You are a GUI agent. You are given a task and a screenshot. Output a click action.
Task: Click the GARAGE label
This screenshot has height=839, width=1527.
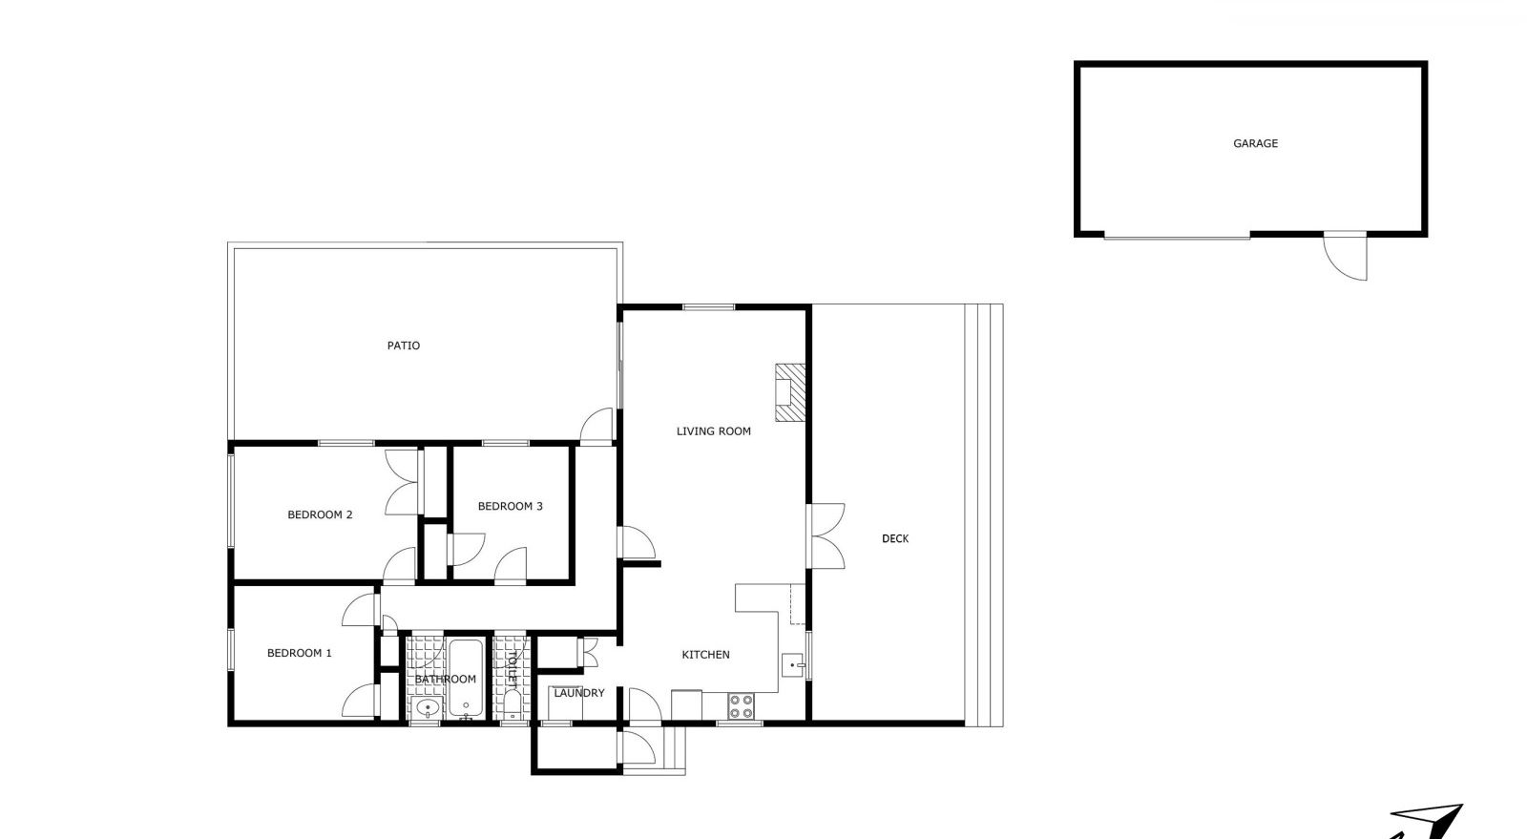pos(1255,143)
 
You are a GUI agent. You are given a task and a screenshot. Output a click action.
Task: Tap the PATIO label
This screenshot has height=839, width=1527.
pos(404,346)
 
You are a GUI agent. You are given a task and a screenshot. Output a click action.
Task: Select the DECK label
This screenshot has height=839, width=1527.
pos(895,538)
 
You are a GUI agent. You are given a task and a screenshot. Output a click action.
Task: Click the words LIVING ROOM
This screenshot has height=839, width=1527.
pos(713,430)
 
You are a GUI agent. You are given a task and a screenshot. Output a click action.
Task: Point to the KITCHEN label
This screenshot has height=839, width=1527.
pos(705,654)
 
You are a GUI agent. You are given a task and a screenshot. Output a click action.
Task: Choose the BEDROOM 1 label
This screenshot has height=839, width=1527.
pos(300,653)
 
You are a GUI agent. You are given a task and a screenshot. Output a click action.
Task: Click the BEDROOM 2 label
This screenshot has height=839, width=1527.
pos(320,514)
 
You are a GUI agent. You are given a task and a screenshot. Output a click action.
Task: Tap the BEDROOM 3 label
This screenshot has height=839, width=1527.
pos(510,506)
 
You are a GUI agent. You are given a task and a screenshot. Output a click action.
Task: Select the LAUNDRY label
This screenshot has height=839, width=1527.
pos(578,692)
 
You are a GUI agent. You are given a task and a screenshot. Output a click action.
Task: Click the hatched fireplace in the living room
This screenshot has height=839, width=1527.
pos(790,392)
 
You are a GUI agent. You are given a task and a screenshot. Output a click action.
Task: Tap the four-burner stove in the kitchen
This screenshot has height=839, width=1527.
pos(741,706)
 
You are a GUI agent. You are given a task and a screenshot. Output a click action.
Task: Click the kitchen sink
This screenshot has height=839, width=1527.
pos(793,665)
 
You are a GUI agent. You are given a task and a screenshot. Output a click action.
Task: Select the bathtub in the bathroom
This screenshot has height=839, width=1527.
pos(466,679)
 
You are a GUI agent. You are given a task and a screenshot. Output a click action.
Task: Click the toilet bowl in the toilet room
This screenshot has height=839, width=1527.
pos(512,705)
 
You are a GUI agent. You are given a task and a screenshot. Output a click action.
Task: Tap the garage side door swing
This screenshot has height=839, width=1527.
pos(1345,256)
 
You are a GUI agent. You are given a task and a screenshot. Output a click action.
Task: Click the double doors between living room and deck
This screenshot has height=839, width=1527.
pos(826,535)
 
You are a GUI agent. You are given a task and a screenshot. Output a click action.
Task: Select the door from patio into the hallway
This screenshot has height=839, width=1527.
pos(596,425)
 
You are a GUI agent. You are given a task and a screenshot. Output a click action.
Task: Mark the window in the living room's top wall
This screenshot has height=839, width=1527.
pos(709,307)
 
